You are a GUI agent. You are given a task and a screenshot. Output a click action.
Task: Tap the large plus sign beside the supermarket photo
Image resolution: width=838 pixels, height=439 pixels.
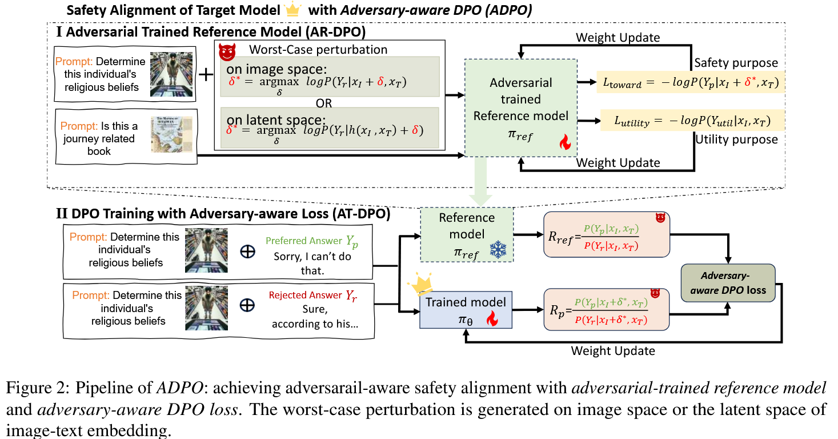click(205, 75)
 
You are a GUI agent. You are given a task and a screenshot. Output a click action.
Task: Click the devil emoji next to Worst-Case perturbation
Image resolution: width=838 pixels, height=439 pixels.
click(227, 52)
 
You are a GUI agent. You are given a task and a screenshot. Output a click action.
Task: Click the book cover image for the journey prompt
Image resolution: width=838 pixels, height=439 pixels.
click(172, 134)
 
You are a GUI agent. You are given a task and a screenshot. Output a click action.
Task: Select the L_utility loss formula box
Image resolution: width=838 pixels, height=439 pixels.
click(691, 121)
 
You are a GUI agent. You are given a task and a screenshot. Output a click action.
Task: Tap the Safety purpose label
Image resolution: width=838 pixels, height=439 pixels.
click(736, 63)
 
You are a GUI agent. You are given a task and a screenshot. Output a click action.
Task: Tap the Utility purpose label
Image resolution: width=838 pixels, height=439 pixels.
click(736, 139)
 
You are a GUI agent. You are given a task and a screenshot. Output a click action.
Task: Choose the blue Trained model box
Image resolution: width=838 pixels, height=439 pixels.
click(466, 309)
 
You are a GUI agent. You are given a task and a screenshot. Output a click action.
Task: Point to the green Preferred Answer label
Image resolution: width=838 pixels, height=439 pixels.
click(312, 241)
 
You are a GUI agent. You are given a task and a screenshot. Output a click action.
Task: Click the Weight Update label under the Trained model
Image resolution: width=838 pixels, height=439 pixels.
click(613, 350)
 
